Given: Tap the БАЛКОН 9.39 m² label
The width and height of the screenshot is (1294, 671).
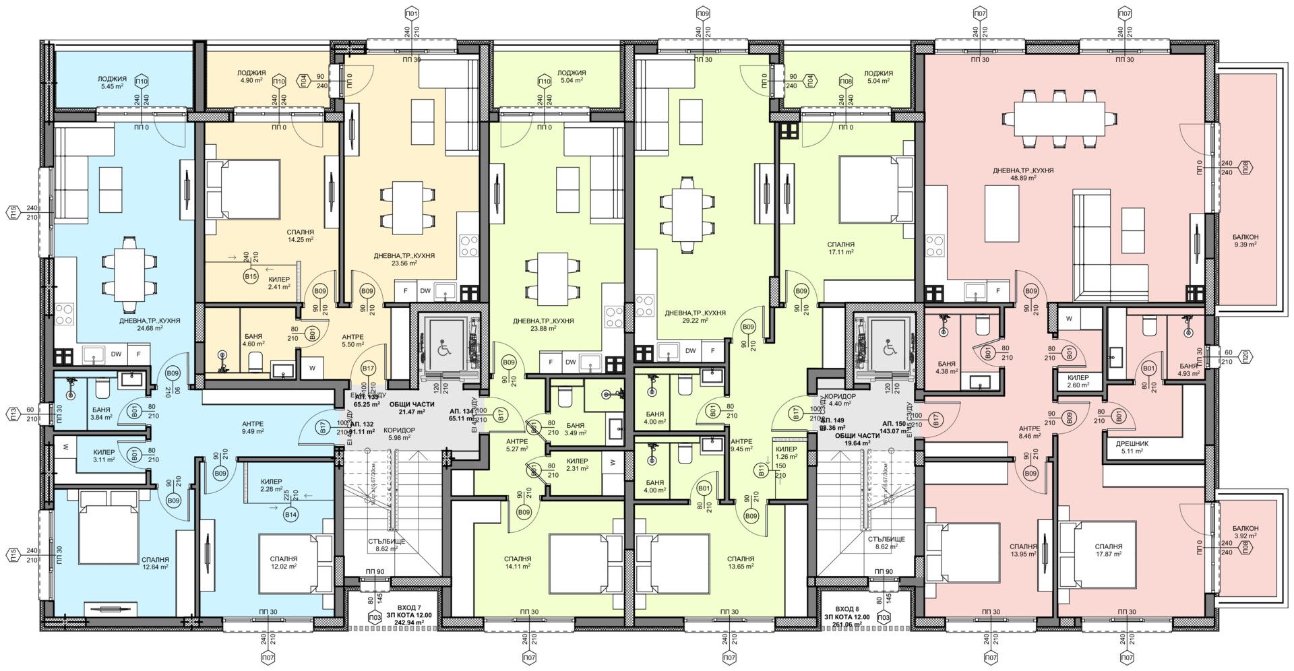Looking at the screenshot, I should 1245,241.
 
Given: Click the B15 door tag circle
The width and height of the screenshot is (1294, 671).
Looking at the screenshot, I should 251,277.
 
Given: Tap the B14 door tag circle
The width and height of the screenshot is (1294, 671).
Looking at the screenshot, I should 291,515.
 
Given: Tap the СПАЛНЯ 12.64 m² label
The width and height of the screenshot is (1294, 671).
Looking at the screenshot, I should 155,563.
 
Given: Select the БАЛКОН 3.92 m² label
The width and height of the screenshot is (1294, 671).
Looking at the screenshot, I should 1245,532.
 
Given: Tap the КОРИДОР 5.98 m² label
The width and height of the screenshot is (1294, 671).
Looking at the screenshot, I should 399,434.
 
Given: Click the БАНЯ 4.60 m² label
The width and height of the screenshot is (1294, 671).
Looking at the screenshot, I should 254,340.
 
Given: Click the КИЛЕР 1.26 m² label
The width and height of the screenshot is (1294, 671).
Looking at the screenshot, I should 787,453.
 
